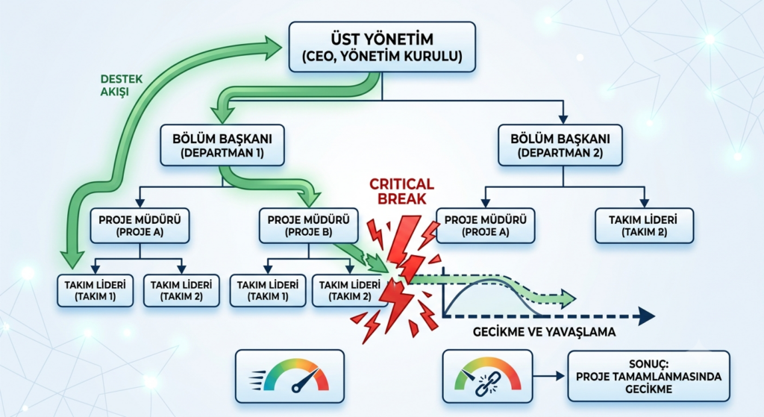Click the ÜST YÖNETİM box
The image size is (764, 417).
coord(382,47)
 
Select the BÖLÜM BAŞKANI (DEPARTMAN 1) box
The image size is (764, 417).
coord(222,145)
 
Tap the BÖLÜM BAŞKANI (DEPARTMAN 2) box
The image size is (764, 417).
coord(560,145)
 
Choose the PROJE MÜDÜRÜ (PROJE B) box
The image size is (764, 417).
coord(308,226)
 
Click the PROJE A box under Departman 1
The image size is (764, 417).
coord(140,226)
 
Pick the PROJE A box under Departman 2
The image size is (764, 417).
coord(485,226)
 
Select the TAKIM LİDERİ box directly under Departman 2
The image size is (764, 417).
coord(644,226)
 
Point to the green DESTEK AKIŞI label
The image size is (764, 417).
coord(122,85)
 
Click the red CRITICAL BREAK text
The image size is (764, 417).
coord(401,191)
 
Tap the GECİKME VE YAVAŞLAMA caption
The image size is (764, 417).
coord(544,332)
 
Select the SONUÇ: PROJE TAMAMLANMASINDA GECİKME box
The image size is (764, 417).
coord(648,377)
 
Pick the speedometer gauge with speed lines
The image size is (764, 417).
coord(289,376)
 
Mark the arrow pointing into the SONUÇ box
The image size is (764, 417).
coord(549,376)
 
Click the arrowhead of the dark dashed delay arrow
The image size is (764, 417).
coord(647,316)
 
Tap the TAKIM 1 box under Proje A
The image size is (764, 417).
coord(95,291)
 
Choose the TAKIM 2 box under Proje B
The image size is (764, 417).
coord(349,291)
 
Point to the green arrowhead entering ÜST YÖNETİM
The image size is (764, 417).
coord(273,47)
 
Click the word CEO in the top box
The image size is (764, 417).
coord(321,57)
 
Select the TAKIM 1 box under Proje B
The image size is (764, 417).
coord(268,291)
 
